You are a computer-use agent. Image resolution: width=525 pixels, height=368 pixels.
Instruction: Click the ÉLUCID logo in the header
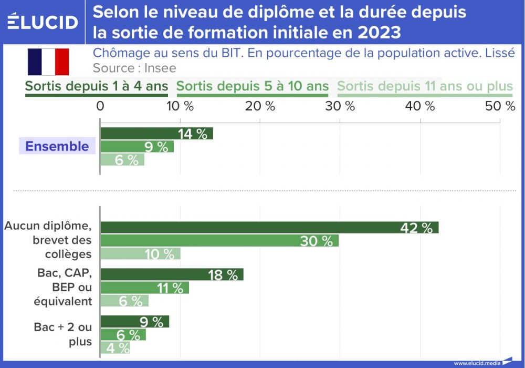(43, 22)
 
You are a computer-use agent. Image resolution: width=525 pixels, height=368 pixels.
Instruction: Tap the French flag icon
(48, 62)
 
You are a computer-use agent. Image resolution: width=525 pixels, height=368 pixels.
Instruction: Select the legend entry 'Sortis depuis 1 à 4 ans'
(97, 86)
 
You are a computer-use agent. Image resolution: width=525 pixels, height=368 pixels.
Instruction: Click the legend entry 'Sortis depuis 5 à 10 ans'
(253, 86)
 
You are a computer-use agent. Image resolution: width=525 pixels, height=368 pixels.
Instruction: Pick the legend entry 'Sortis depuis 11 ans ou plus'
(424, 86)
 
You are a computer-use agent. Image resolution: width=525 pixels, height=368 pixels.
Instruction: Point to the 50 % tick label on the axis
(499, 106)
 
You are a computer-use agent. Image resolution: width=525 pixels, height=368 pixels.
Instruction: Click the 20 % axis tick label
(260, 106)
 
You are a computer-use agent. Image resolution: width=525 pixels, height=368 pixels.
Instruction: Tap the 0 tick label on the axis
(100, 106)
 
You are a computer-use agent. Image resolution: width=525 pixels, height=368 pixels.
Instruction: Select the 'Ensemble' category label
(57, 146)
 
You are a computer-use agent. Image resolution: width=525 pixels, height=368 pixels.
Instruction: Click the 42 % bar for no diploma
(269, 228)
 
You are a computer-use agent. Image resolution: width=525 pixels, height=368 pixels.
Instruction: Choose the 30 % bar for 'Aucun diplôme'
(219, 241)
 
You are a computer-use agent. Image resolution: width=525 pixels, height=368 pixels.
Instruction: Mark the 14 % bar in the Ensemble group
(156, 134)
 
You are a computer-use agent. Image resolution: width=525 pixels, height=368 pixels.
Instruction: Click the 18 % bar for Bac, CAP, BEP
(172, 274)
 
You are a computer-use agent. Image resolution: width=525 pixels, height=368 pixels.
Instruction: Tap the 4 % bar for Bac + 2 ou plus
(115, 347)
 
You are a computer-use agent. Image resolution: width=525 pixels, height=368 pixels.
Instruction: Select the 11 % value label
(170, 288)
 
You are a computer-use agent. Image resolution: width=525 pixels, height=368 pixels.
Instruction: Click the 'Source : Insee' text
(134, 68)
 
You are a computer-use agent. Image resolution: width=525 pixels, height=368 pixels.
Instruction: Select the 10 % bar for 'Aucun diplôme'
(140, 254)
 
